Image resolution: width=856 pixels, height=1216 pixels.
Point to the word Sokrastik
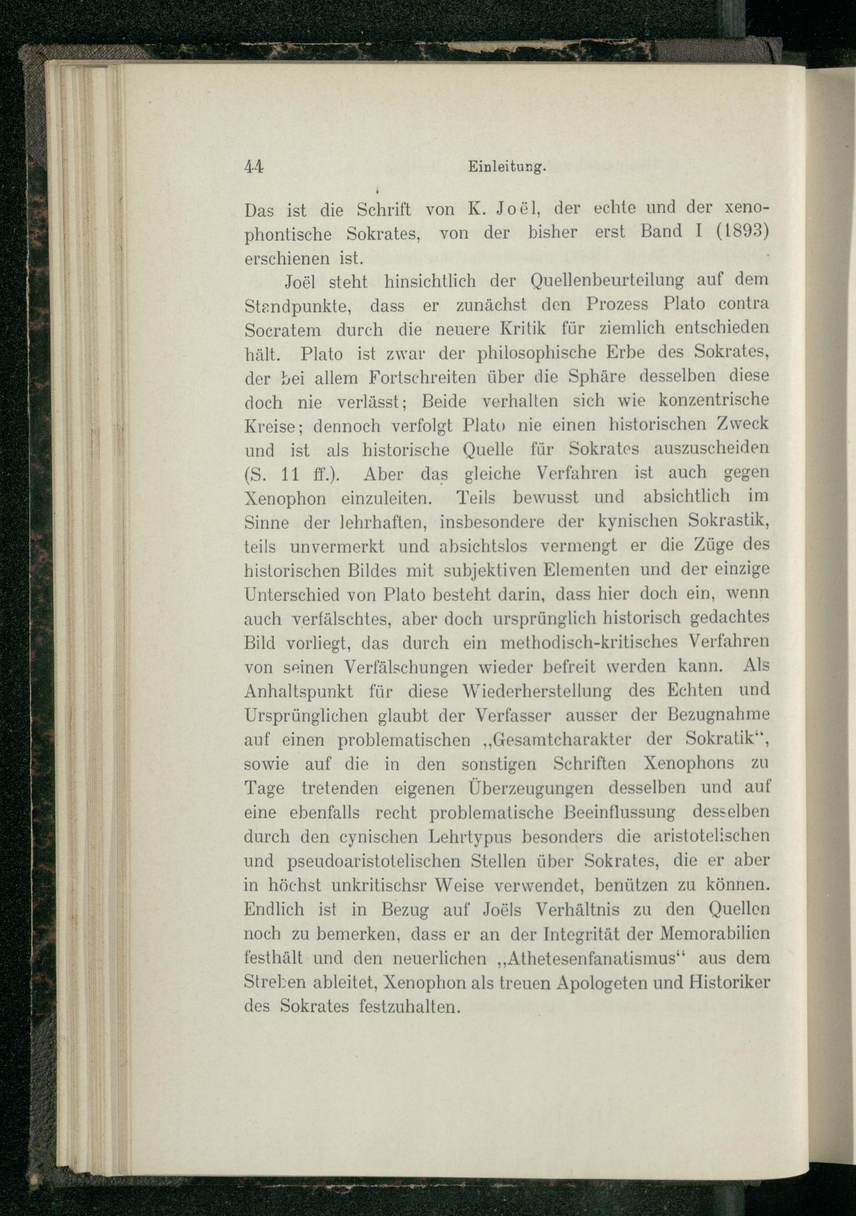[x=727, y=521]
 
